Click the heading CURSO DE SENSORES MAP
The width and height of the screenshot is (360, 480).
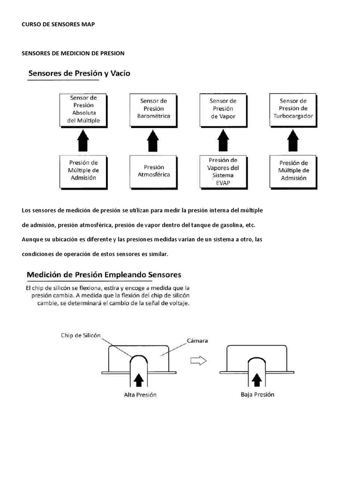(58, 24)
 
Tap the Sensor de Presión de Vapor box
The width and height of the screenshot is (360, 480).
(223, 108)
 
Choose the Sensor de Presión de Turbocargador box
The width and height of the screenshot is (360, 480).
(293, 108)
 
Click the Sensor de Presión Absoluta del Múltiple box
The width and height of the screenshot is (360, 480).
(83, 109)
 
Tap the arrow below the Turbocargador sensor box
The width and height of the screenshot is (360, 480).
(293, 140)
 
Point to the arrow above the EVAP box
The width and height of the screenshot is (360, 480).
(223, 140)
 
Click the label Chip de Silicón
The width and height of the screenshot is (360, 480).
(81, 335)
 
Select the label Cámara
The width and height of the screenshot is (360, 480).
(197, 340)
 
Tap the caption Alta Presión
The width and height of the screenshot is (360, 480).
(140, 395)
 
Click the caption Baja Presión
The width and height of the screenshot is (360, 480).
(257, 394)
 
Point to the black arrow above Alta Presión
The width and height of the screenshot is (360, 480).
(139, 377)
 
